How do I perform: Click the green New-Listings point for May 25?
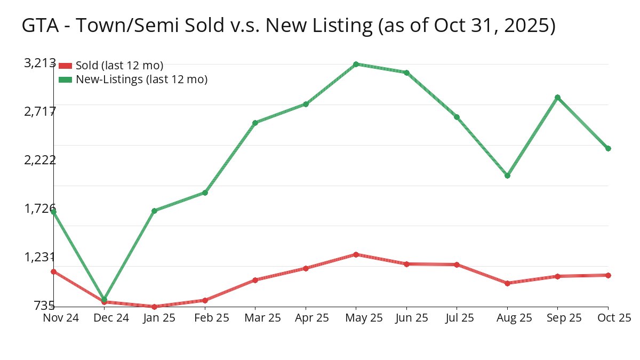tap(356, 64)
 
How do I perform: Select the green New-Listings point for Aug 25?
tap(507, 175)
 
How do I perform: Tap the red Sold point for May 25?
tap(356, 254)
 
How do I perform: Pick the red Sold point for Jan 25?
tap(154, 307)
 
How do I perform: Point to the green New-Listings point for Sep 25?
tap(557, 97)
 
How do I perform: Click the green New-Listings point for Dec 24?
tap(104, 299)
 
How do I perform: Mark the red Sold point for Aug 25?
tap(507, 283)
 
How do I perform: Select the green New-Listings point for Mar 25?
tap(255, 123)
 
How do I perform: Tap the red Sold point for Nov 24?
tap(54, 271)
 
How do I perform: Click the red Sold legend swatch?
tap(65, 66)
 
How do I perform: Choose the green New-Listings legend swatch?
tap(65, 79)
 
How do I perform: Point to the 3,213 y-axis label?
tap(40, 63)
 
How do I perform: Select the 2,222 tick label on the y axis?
tap(40, 160)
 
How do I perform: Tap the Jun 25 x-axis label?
tap(406, 318)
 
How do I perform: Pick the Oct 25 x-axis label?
tap(614, 318)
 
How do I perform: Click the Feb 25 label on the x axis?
tap(205, 318)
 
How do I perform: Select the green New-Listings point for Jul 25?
tap(457, 117)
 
